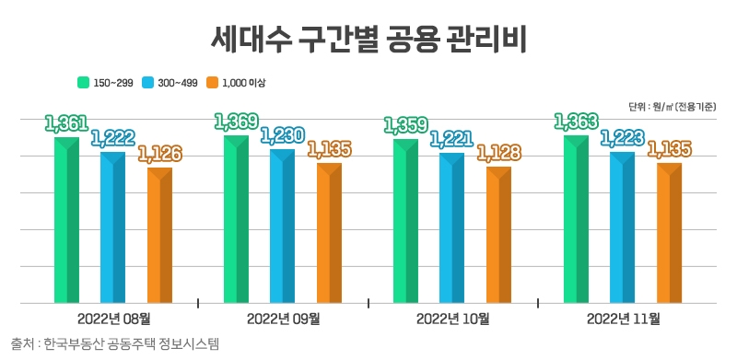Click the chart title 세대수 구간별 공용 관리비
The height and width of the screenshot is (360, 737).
368,41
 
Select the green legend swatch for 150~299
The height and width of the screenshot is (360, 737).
83,83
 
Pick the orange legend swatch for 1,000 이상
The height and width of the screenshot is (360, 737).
213,83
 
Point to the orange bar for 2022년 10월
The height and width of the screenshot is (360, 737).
498,235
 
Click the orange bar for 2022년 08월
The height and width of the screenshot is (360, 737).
160,235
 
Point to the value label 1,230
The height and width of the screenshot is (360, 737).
282,136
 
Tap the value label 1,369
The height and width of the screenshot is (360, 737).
236,121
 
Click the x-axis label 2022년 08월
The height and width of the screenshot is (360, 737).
114,319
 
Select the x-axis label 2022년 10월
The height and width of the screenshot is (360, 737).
452,319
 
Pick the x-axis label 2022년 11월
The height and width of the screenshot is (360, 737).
622,319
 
